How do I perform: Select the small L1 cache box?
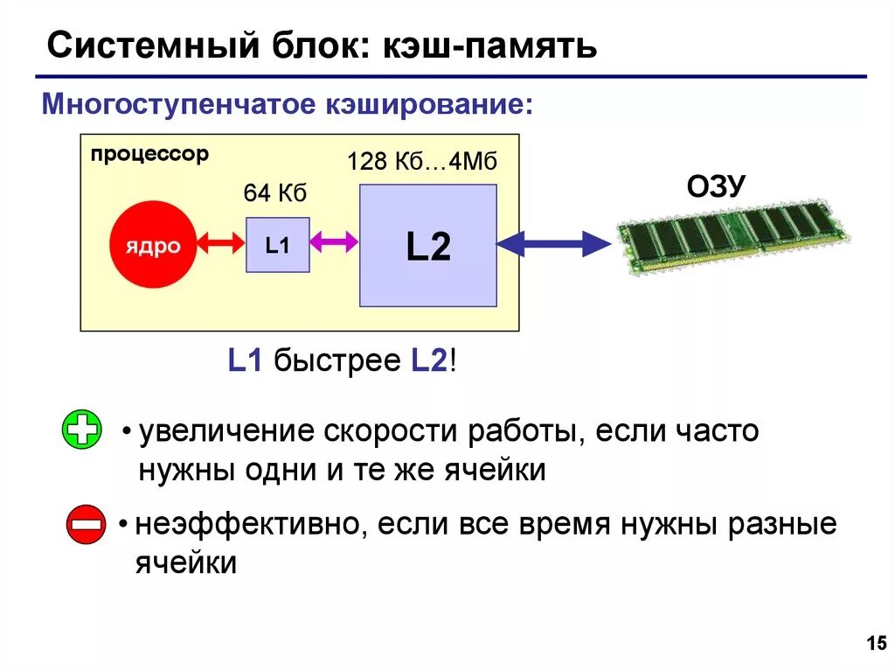(x=277, y=245)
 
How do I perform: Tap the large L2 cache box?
(x=428, y=246)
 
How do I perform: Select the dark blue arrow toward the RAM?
(x=554, y=243)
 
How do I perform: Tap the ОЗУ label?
(x=716, y=186)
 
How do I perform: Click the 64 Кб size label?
(x=274, y=193)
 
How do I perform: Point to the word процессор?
(x=149, y=155)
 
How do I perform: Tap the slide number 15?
(x=875, y=645)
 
